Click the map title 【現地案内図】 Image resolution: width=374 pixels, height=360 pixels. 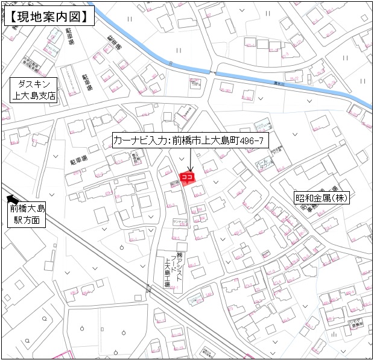click(x=49, y=16)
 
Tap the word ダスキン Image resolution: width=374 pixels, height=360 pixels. click(x=34, y=84)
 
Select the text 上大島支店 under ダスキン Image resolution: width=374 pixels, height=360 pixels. click(x=34, y=95)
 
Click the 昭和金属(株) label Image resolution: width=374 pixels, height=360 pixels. click(x=323, y=198)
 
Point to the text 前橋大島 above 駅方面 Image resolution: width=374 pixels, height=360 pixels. click(x=27, y=209)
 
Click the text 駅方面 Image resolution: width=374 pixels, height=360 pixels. click(x=27, y=220)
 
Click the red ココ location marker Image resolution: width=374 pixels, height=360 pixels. click(x=187, y=177)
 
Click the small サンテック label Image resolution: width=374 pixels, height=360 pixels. click(x=179, y=222)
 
